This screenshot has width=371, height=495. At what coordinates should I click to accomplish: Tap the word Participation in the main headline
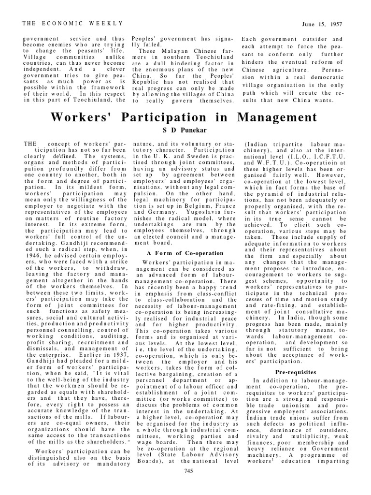[x=171, y=117]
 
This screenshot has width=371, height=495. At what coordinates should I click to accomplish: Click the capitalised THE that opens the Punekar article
[x=30, y=144]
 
